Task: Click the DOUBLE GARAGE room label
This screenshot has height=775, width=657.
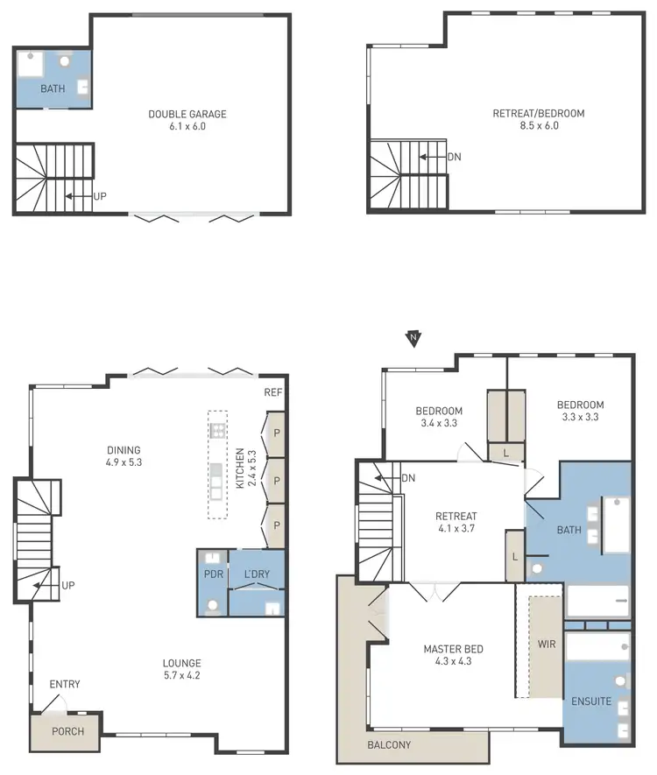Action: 187,114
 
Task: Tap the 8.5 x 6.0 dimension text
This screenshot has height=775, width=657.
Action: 538,126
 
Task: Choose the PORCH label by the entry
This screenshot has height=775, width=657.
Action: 67,731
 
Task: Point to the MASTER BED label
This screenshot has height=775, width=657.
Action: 453,649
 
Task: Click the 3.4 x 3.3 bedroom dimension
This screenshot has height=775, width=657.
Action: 439,423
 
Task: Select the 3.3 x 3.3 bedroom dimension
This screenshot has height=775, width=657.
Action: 580,418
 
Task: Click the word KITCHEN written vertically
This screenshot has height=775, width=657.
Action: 238,469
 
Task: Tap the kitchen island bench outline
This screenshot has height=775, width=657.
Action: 217,465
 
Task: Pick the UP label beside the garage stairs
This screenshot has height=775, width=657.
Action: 101,197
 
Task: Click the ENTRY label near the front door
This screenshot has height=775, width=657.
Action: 65,684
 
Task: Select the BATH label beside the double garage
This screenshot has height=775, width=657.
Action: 53,88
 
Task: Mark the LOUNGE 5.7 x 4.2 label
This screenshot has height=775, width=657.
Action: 181,669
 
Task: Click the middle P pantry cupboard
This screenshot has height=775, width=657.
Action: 277,481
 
